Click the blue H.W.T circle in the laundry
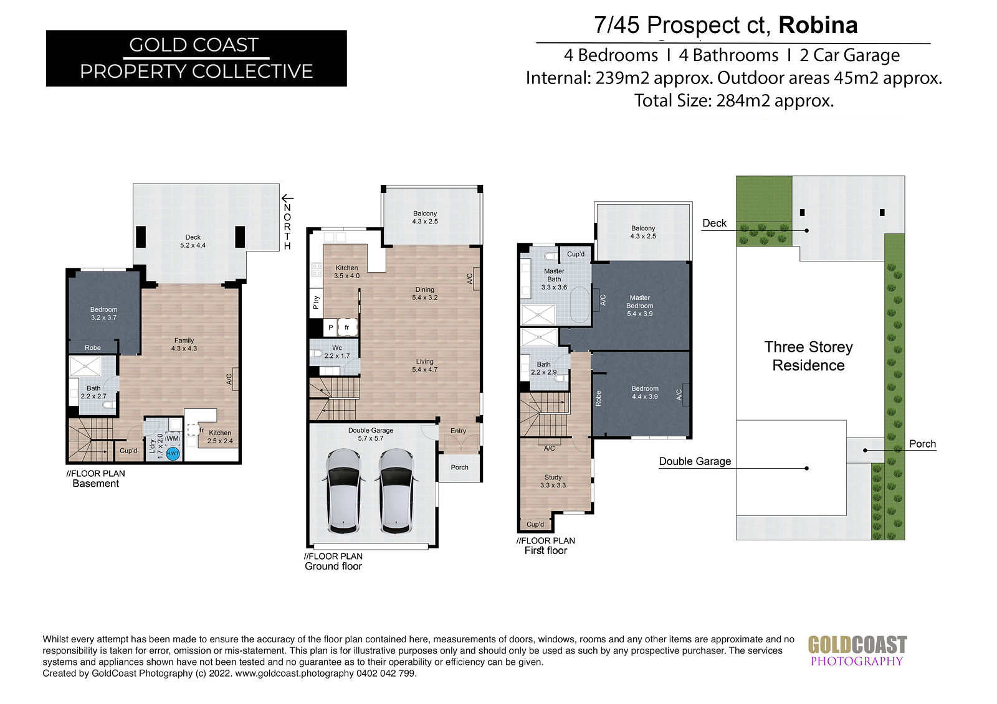click(173, 454)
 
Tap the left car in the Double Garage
click(343, 490)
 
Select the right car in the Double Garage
click(396, 490)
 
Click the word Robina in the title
click(818, 25)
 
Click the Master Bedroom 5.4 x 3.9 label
click(639, 306)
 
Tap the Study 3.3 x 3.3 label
click(553, 481)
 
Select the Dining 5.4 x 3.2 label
click(424, 294)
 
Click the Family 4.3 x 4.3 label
click(184, 344)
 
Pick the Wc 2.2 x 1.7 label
click(337, 352)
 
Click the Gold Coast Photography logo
click(857, 650)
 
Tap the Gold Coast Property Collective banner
click(196, 59)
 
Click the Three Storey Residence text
click(808, 356)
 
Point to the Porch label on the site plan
click(922, 443)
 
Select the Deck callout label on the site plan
click(714, 223)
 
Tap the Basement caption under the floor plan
click(96, 484)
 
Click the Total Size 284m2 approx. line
click(733, 100)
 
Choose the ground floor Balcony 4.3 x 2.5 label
click(424, 217)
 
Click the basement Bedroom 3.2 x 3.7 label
click(103, 314)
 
